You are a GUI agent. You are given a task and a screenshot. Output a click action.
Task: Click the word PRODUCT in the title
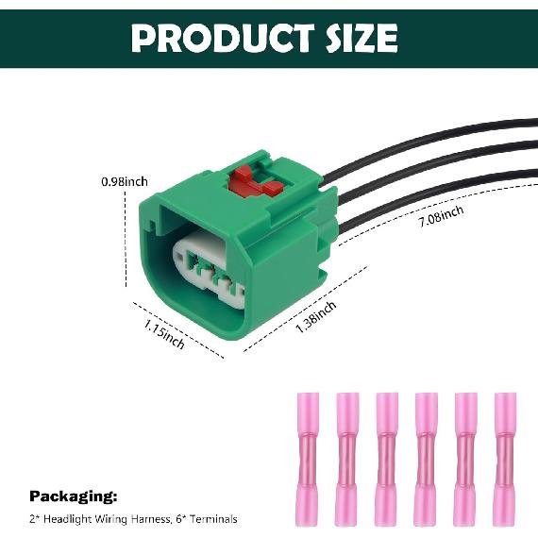click(223, 38)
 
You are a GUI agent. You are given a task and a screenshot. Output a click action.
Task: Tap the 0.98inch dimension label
click(125, 181)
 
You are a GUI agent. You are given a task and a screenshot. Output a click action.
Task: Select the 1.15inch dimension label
click(163, 333)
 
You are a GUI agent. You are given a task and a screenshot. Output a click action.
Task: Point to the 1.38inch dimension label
click(315, 317)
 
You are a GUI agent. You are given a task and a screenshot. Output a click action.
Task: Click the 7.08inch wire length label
click(441, 216)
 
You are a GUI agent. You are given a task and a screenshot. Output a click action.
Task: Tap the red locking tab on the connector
click(256, 181)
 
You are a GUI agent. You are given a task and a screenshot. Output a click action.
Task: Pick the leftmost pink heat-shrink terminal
click(308, 459)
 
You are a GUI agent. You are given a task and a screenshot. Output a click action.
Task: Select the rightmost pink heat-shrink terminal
click(505, 459)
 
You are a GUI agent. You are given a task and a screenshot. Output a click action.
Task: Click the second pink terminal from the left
click(347, 459)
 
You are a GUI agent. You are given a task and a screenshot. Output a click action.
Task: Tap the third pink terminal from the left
click(387, 459)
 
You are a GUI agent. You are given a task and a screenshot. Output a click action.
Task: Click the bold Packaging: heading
click(73, 496)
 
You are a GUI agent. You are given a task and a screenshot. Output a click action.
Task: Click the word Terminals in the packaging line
click(213, 519)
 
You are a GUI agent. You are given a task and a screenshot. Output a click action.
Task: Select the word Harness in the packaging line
click(151, 519)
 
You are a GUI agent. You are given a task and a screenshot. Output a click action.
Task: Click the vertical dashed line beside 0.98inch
click(126, 239)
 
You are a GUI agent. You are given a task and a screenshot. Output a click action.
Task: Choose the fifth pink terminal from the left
click(465, 459)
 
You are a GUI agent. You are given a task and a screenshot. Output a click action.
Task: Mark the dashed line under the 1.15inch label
click(178, 330)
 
